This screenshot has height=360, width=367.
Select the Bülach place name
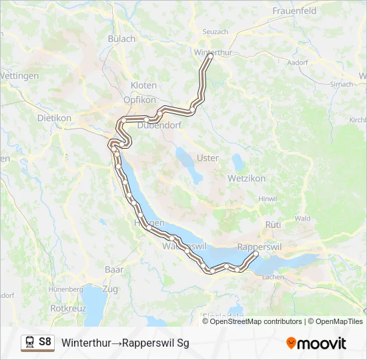pyautogui.click(x=121, y=39)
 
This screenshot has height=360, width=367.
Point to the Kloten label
pyautogui.click(x=143, y=85)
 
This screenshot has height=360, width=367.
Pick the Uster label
pyautogui.click(x=208, y=158)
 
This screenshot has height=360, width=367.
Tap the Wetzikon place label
pyautogui.click(x=246, y=179)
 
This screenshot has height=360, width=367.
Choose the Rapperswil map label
pyautogui.click(x=260, y=246)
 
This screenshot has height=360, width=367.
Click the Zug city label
pyautogui.click(x=109, y=289)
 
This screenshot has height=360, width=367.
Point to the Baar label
pyautogui.click(x=114, y=269)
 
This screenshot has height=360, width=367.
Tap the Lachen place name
pyautogui.click(x=274, y=276)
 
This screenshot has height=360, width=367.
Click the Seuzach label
pyautogui.click(x=215, y=31)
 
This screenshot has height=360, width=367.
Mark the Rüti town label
pyautogui.click(x=274, y=225)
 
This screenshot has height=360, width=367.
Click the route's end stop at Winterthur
pyautogui.click(x=210, y=57)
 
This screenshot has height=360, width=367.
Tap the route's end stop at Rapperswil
pyautogui.click(x=256, y=254)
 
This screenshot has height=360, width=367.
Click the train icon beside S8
pyautogui.click(x=30, y=342)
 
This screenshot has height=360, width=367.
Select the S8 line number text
pyautogui.click(x=45, y=342)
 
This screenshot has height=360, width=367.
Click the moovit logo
pyautogui.click(x=316, y=343)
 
